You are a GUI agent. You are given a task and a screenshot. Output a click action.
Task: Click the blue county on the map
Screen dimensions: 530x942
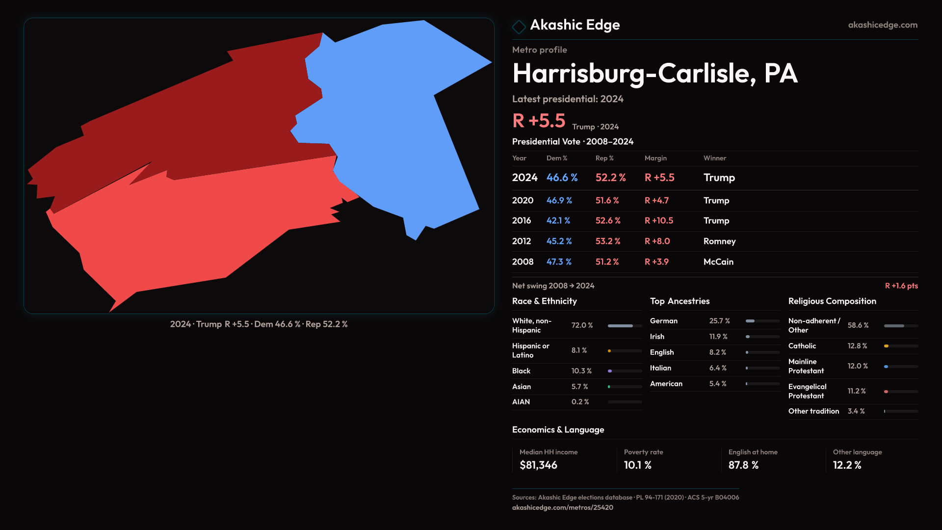click(x=392, y=123)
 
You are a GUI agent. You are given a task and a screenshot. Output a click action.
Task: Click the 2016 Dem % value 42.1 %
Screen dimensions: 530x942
click(x=558, y=221)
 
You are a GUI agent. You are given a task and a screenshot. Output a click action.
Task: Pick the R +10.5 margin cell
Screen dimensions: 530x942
click(x=659, y=221)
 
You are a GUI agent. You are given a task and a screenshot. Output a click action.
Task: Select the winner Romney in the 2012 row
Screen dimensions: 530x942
click(x=719, y=241)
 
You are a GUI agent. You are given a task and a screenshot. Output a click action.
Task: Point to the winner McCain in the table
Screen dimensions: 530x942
click(x=718, y=262)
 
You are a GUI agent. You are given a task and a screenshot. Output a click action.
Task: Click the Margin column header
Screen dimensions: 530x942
click(x=655, y=158)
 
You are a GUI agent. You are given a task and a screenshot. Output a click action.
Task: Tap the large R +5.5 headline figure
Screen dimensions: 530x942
click(x=539, y=121)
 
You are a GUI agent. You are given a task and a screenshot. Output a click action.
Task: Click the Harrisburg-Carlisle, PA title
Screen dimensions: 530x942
click(x=655, y=74)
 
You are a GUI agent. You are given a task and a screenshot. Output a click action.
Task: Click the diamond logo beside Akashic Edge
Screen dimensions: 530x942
click(x=519, y=26)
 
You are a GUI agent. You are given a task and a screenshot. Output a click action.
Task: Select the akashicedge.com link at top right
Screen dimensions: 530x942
click(x=883, y=25)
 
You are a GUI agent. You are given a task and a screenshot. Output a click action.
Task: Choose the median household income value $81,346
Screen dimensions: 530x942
click(x=538, y=465)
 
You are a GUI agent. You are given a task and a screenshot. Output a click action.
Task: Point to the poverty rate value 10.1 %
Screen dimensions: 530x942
click(x=637, y=465)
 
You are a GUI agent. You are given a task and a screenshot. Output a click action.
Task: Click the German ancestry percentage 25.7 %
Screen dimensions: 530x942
click(x=719, y=321)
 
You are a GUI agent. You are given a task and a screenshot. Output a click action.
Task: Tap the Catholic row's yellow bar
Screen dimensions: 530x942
click(x=887, y=346)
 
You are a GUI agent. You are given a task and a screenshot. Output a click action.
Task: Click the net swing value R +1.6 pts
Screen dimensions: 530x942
click(x=901, y=286)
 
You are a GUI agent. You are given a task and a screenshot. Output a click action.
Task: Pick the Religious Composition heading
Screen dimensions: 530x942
click(x=832, y=301)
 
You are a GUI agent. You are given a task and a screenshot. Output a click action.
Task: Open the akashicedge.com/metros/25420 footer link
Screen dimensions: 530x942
click(x=562, y=507)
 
